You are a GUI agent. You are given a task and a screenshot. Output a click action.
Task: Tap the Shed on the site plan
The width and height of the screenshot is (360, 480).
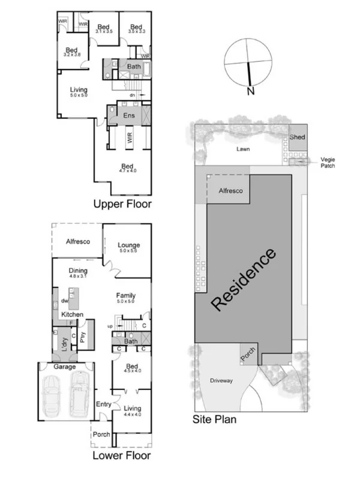(298, 137)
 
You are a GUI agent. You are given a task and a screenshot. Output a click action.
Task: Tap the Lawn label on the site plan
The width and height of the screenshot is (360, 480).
(243, 149)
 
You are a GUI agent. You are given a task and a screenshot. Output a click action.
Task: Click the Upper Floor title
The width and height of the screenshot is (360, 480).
(122, 204)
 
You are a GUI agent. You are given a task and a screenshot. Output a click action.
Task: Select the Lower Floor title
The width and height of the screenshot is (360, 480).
(121, 455)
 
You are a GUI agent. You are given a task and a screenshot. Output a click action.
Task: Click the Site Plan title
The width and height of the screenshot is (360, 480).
(214, 419)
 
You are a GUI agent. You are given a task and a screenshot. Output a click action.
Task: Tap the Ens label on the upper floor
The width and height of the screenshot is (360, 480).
(128, 115)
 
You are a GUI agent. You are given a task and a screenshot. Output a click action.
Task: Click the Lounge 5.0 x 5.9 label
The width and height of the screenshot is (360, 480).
(128, 248)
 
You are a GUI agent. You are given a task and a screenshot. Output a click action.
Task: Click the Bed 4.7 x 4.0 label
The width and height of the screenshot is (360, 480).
(127, 169)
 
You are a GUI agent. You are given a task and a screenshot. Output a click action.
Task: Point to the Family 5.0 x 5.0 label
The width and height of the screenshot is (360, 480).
(125, 298)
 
